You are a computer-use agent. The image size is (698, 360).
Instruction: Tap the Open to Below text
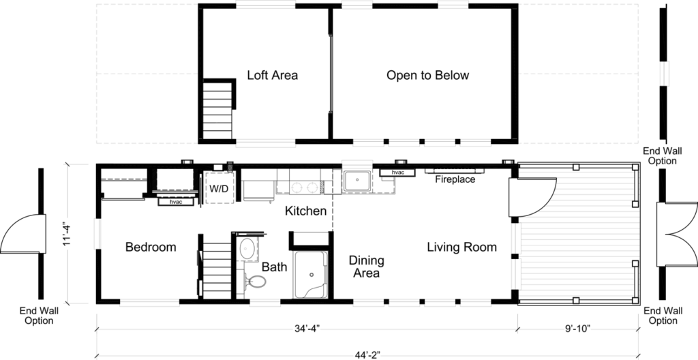coord(427,75)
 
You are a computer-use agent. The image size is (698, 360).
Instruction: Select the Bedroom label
coord(151,247)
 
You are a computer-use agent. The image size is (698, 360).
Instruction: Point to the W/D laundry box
coord(219,188)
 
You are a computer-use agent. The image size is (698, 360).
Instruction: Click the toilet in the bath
coord(255,281)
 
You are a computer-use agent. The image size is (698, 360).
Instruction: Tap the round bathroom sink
coord(247,249)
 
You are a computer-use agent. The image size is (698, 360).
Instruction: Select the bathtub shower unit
coord(311,275)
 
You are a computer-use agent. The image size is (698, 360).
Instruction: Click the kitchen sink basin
coord(356,181)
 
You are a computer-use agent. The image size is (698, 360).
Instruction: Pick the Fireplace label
coord(455,179)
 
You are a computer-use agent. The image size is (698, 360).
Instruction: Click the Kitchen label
coord(305,211)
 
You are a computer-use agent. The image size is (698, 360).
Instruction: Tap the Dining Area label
coord(366,267)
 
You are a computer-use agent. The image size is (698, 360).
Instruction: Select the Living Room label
coord(461,247)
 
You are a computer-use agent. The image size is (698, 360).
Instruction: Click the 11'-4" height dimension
coord(67,234)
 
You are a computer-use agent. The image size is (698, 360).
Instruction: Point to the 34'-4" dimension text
coord(307,329)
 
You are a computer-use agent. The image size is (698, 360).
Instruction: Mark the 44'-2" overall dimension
coord(367,355)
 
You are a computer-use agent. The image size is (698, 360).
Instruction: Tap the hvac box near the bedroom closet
coord(176,202)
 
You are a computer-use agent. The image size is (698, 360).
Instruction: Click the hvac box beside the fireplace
coord(397,172)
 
